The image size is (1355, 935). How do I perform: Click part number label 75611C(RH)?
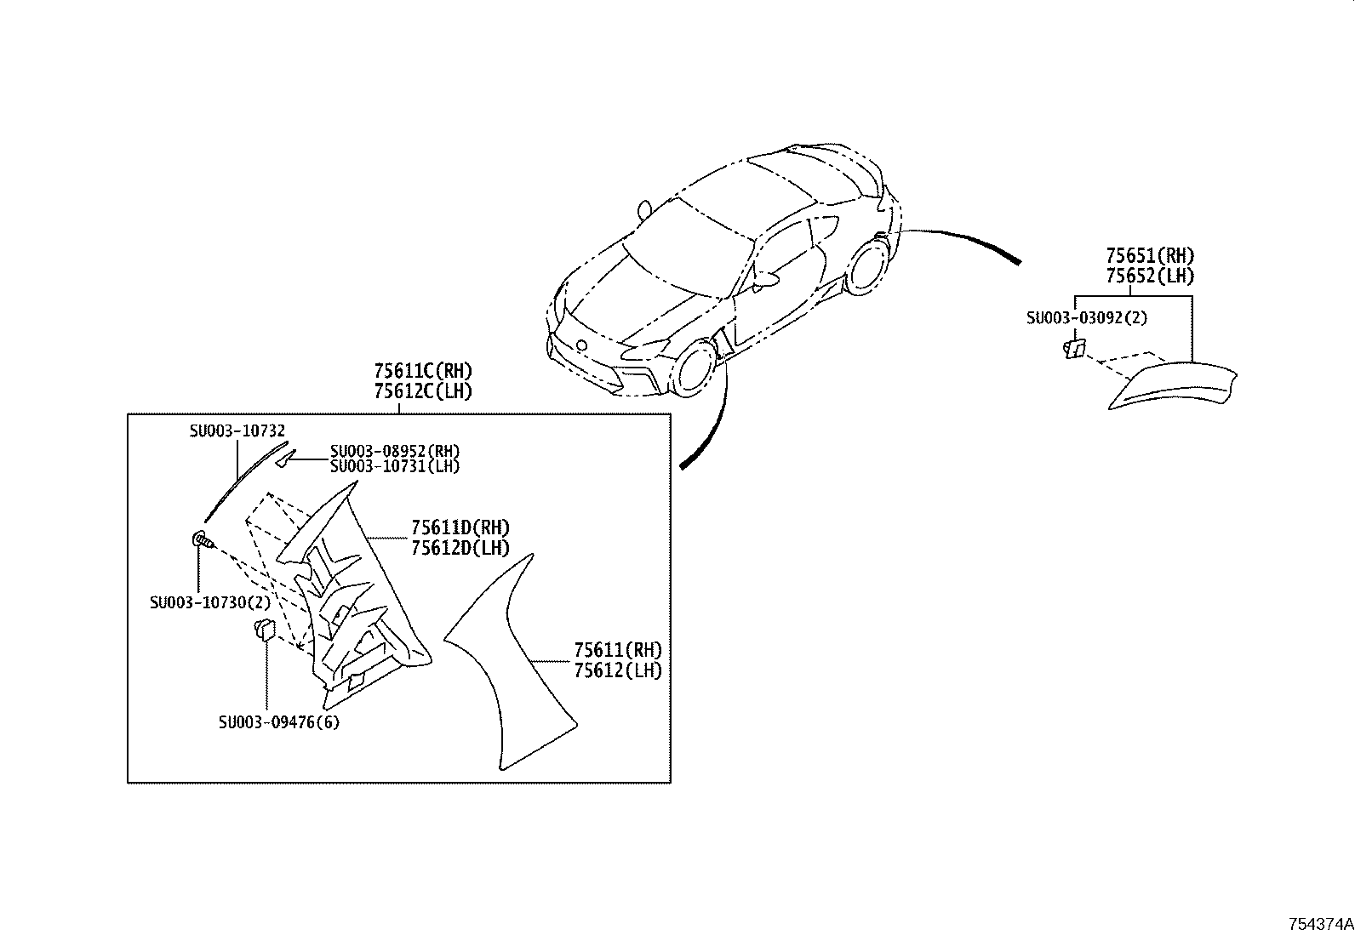[422, 371]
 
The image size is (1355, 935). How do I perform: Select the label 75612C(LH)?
[422, 391]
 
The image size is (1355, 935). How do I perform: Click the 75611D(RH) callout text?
[460, 528]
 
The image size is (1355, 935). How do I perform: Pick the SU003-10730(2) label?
[209, 602]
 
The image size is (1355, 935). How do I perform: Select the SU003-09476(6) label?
[278, 723]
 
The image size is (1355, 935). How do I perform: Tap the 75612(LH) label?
[617, 670]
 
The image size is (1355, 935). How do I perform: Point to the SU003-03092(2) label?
[1086, 318]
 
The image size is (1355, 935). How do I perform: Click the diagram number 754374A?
[1319, 924]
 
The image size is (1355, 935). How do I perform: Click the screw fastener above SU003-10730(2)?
[203, 539]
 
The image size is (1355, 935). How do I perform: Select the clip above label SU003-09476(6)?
[265, 630]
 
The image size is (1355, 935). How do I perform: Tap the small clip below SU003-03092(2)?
[1075, 348]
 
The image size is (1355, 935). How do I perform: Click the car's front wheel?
[695, 368]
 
